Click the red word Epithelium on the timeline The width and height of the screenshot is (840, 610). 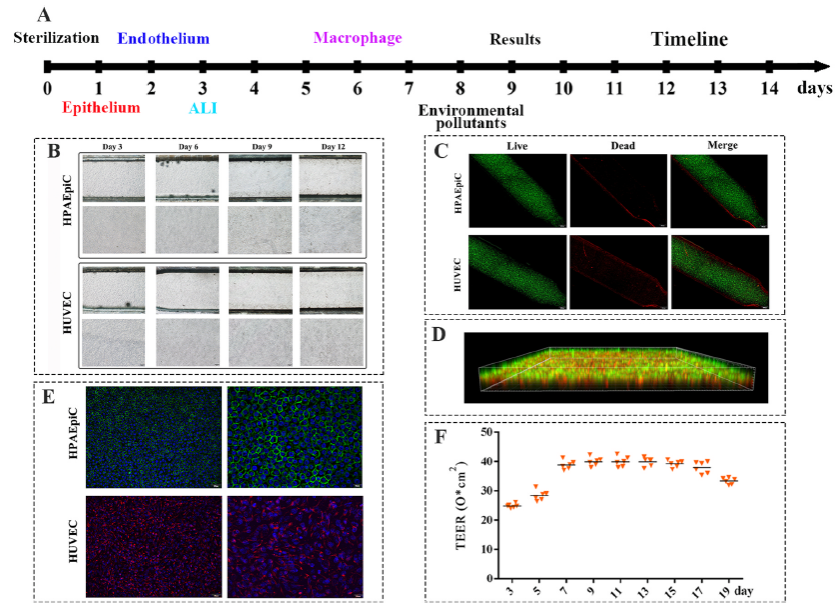pyautogui.click(x=99, y=106)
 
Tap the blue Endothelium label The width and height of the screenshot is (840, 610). pyautogui.click(x=163, y=38)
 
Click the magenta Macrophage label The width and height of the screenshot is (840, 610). pyautogui.click(x=358, y=38)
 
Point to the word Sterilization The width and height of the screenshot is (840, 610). pyautogui.click(x=57, y=38)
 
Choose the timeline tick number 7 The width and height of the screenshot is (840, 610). pyautogui.click(x=409, y=88)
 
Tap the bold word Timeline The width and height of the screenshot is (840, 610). pyautogui.click(x=689, y=40)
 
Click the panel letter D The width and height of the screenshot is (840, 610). pyautogui.click(x=436, y=333)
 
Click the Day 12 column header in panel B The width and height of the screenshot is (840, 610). pyautogui.click(x=334, y=147)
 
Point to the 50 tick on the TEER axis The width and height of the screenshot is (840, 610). pyautogui.click(x=489, y=433)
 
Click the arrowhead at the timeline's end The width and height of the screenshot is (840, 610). pyautogui.click(x=821, y=67)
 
